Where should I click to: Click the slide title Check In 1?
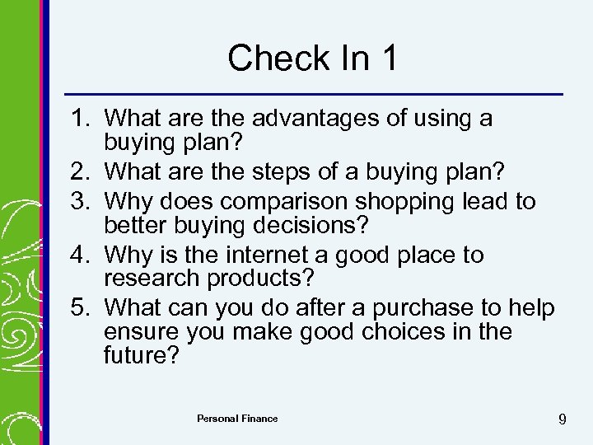[x=313, y=58]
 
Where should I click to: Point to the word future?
[x=140, y=356]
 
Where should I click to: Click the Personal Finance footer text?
[x=237, y=419]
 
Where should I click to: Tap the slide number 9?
[x=562, y=419]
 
